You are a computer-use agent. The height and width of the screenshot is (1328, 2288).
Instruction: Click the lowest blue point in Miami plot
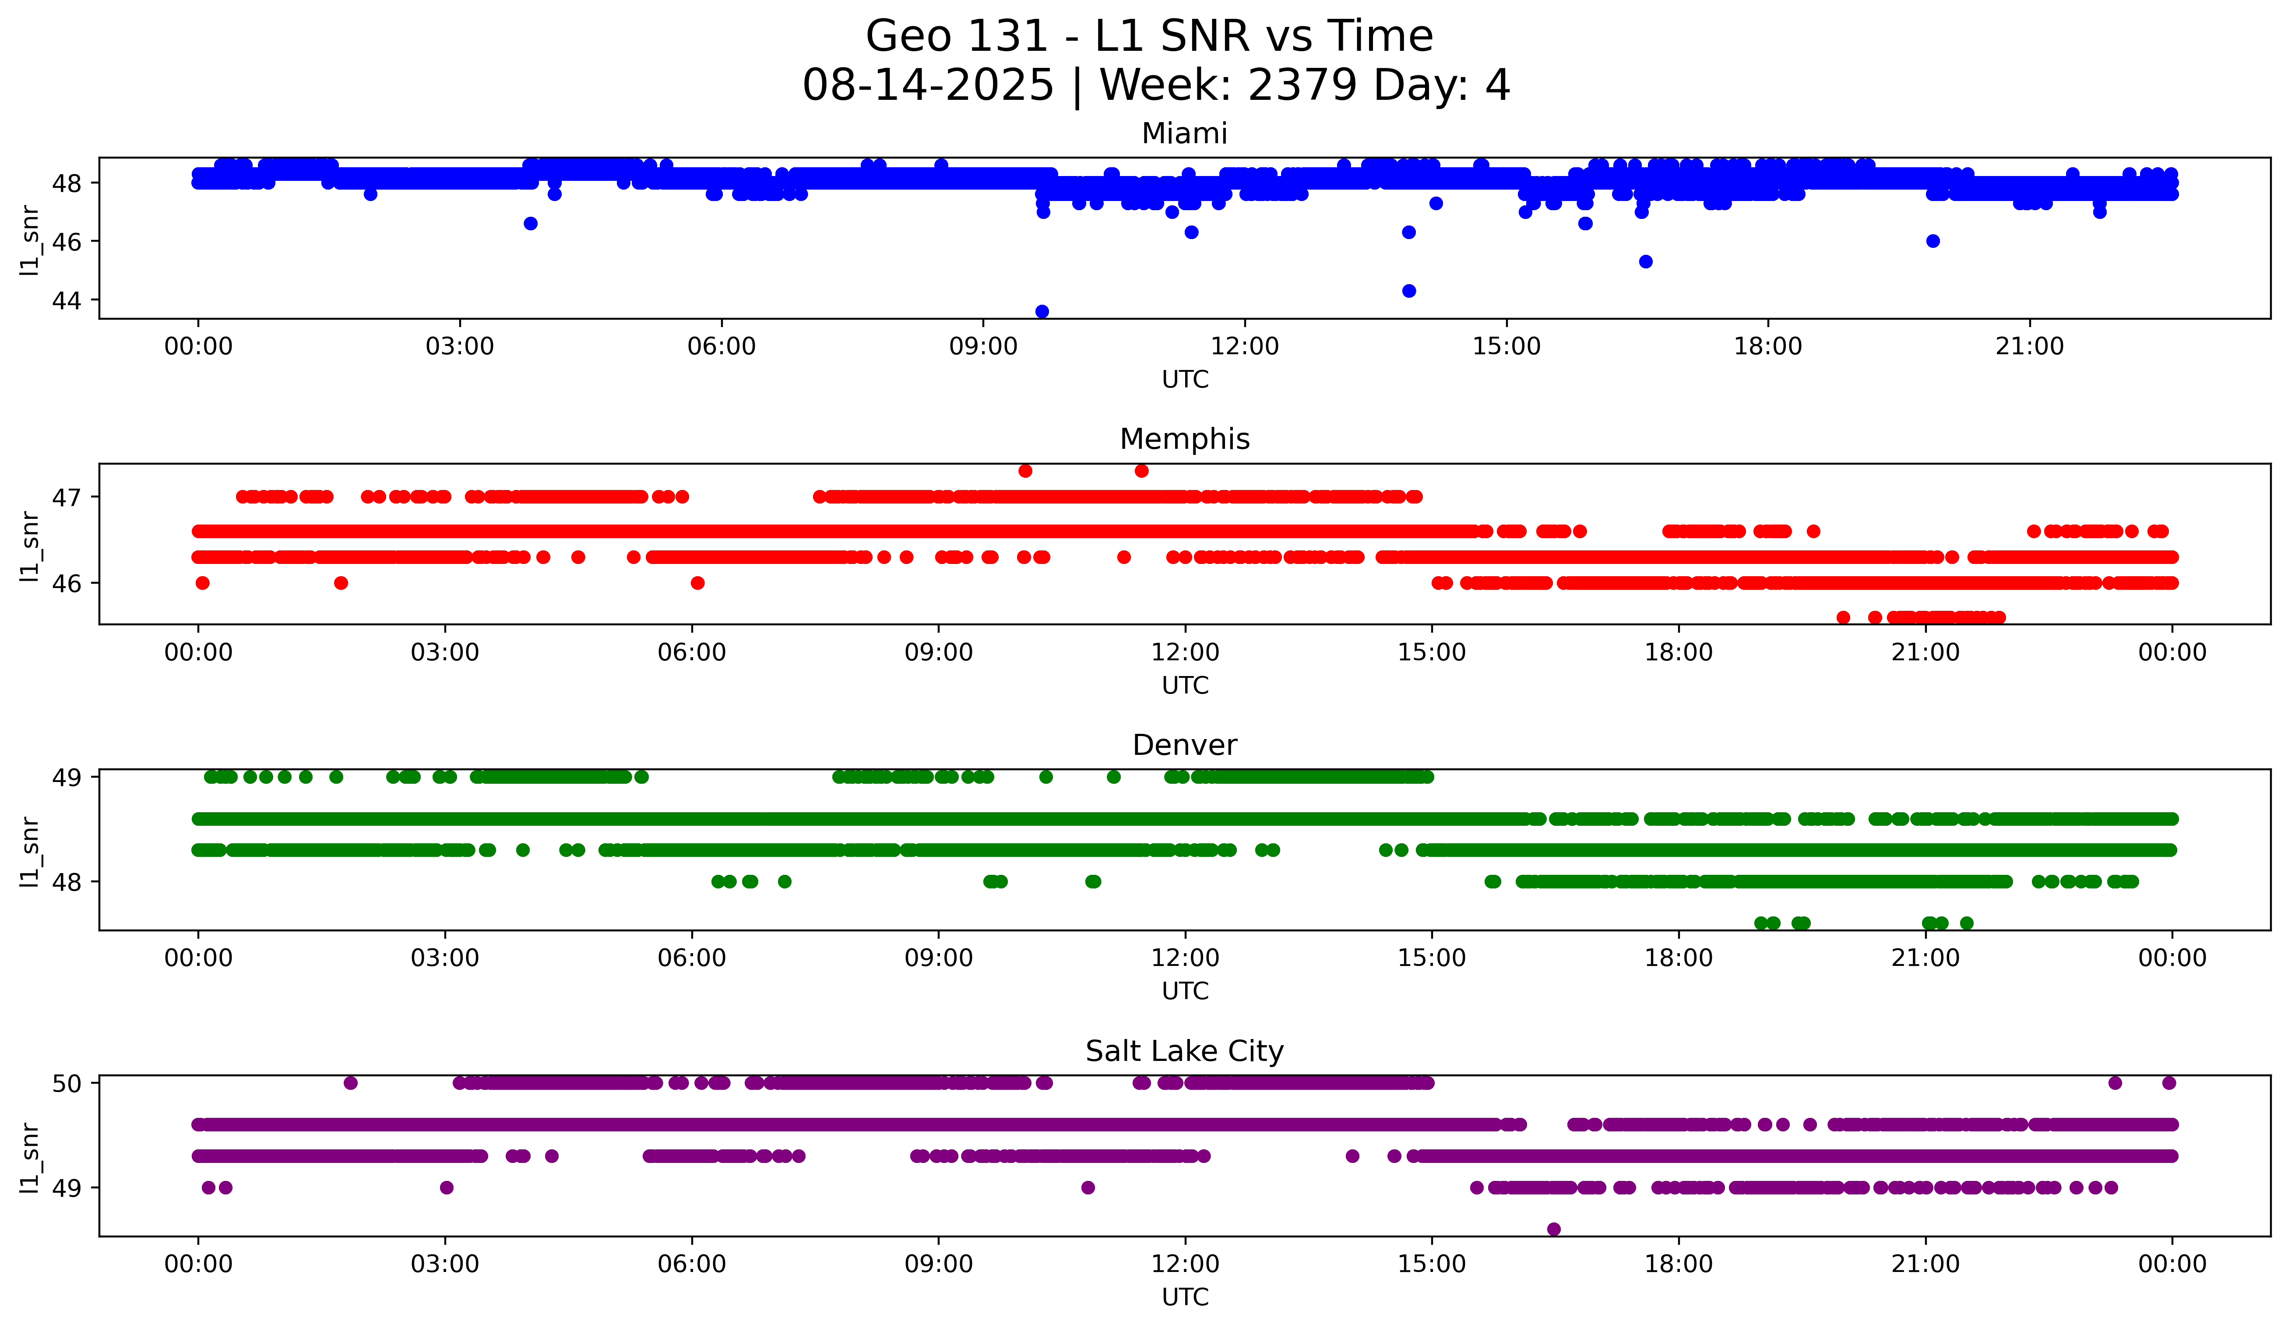(1042, 311)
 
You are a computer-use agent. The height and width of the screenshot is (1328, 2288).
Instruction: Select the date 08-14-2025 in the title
(928, 85)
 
